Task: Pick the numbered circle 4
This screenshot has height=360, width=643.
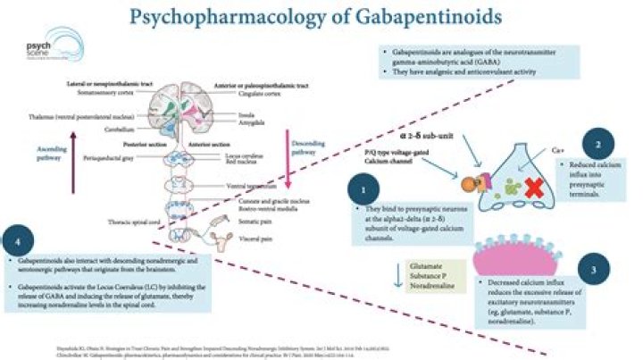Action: click(20, 239)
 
